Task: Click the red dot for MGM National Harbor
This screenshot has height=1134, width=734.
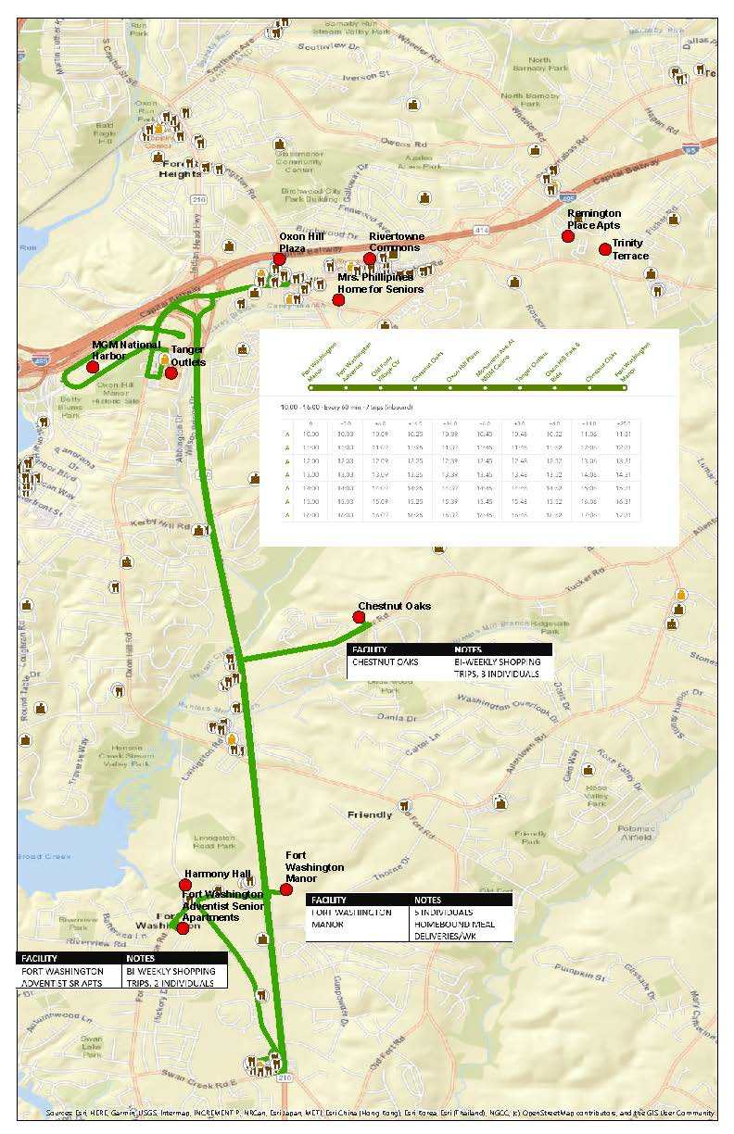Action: click(x=93, y=368)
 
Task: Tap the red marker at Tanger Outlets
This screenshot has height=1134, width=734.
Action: click(x=171, y=372)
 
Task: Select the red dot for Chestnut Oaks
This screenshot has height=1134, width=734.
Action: click(x=359, y=617)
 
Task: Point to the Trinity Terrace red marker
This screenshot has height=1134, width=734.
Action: click(x=605, y=249)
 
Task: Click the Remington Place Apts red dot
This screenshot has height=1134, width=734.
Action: click(x=568, y=236)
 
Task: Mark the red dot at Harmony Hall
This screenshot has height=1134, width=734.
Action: click(x=185, y=886)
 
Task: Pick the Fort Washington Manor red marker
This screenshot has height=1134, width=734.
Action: click(x=286, y=890)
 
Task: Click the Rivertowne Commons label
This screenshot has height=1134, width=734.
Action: click(x=396, y=242)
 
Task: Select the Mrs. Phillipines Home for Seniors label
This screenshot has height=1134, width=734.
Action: click(x=380, y=283)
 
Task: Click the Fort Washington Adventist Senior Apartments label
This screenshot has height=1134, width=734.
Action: click(x=222, y=905)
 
